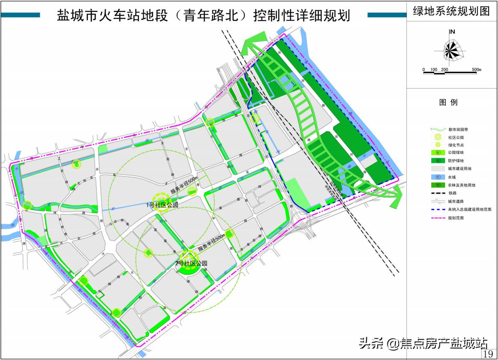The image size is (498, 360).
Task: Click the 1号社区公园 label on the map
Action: [x=162, y=205]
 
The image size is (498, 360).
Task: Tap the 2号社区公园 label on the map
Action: [x=191, y=263]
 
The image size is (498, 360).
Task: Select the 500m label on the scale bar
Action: [x=477, y=69]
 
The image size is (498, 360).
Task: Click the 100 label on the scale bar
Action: [x=433, y=69]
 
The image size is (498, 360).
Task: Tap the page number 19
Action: [x=488, y=354]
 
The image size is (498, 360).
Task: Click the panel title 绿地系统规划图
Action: [x=451, y=12]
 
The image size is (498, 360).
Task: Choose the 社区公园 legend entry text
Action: [x=456, y=137]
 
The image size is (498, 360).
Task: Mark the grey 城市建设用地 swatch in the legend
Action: [x=439, y=168]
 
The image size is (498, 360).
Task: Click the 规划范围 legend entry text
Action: [x=456, y=218]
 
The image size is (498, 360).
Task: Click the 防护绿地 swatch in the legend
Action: [x=439, y=161]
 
